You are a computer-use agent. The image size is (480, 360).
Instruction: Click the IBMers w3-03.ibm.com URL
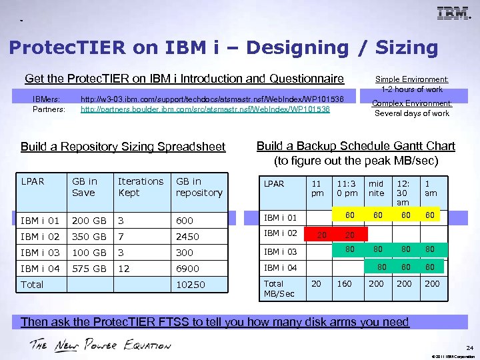point(211,99)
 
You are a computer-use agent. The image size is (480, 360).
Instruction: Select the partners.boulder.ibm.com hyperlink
point(205,109)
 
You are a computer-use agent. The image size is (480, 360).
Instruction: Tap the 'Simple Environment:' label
point(411,79)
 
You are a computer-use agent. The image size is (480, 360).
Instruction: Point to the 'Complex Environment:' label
point(411,103)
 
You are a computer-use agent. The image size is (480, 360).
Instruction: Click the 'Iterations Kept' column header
point(140,187)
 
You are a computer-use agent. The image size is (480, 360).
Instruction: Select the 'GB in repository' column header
point(199,187)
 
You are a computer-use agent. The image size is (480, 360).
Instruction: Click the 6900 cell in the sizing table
point(187,269)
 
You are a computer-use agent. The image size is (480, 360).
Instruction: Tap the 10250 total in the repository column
point(190,285)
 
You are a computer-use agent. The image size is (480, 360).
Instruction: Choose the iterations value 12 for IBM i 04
point(124,269)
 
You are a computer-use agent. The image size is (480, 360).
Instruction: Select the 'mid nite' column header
point(377,188)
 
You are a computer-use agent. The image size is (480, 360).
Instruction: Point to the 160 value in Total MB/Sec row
point(345,283)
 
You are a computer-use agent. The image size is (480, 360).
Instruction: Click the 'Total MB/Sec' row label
point(279,288)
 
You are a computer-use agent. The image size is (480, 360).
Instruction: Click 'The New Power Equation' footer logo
point(100,345)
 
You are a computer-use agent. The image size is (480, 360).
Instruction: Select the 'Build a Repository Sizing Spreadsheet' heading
point(123,147)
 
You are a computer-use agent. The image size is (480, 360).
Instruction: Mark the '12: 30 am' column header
point(403,192)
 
